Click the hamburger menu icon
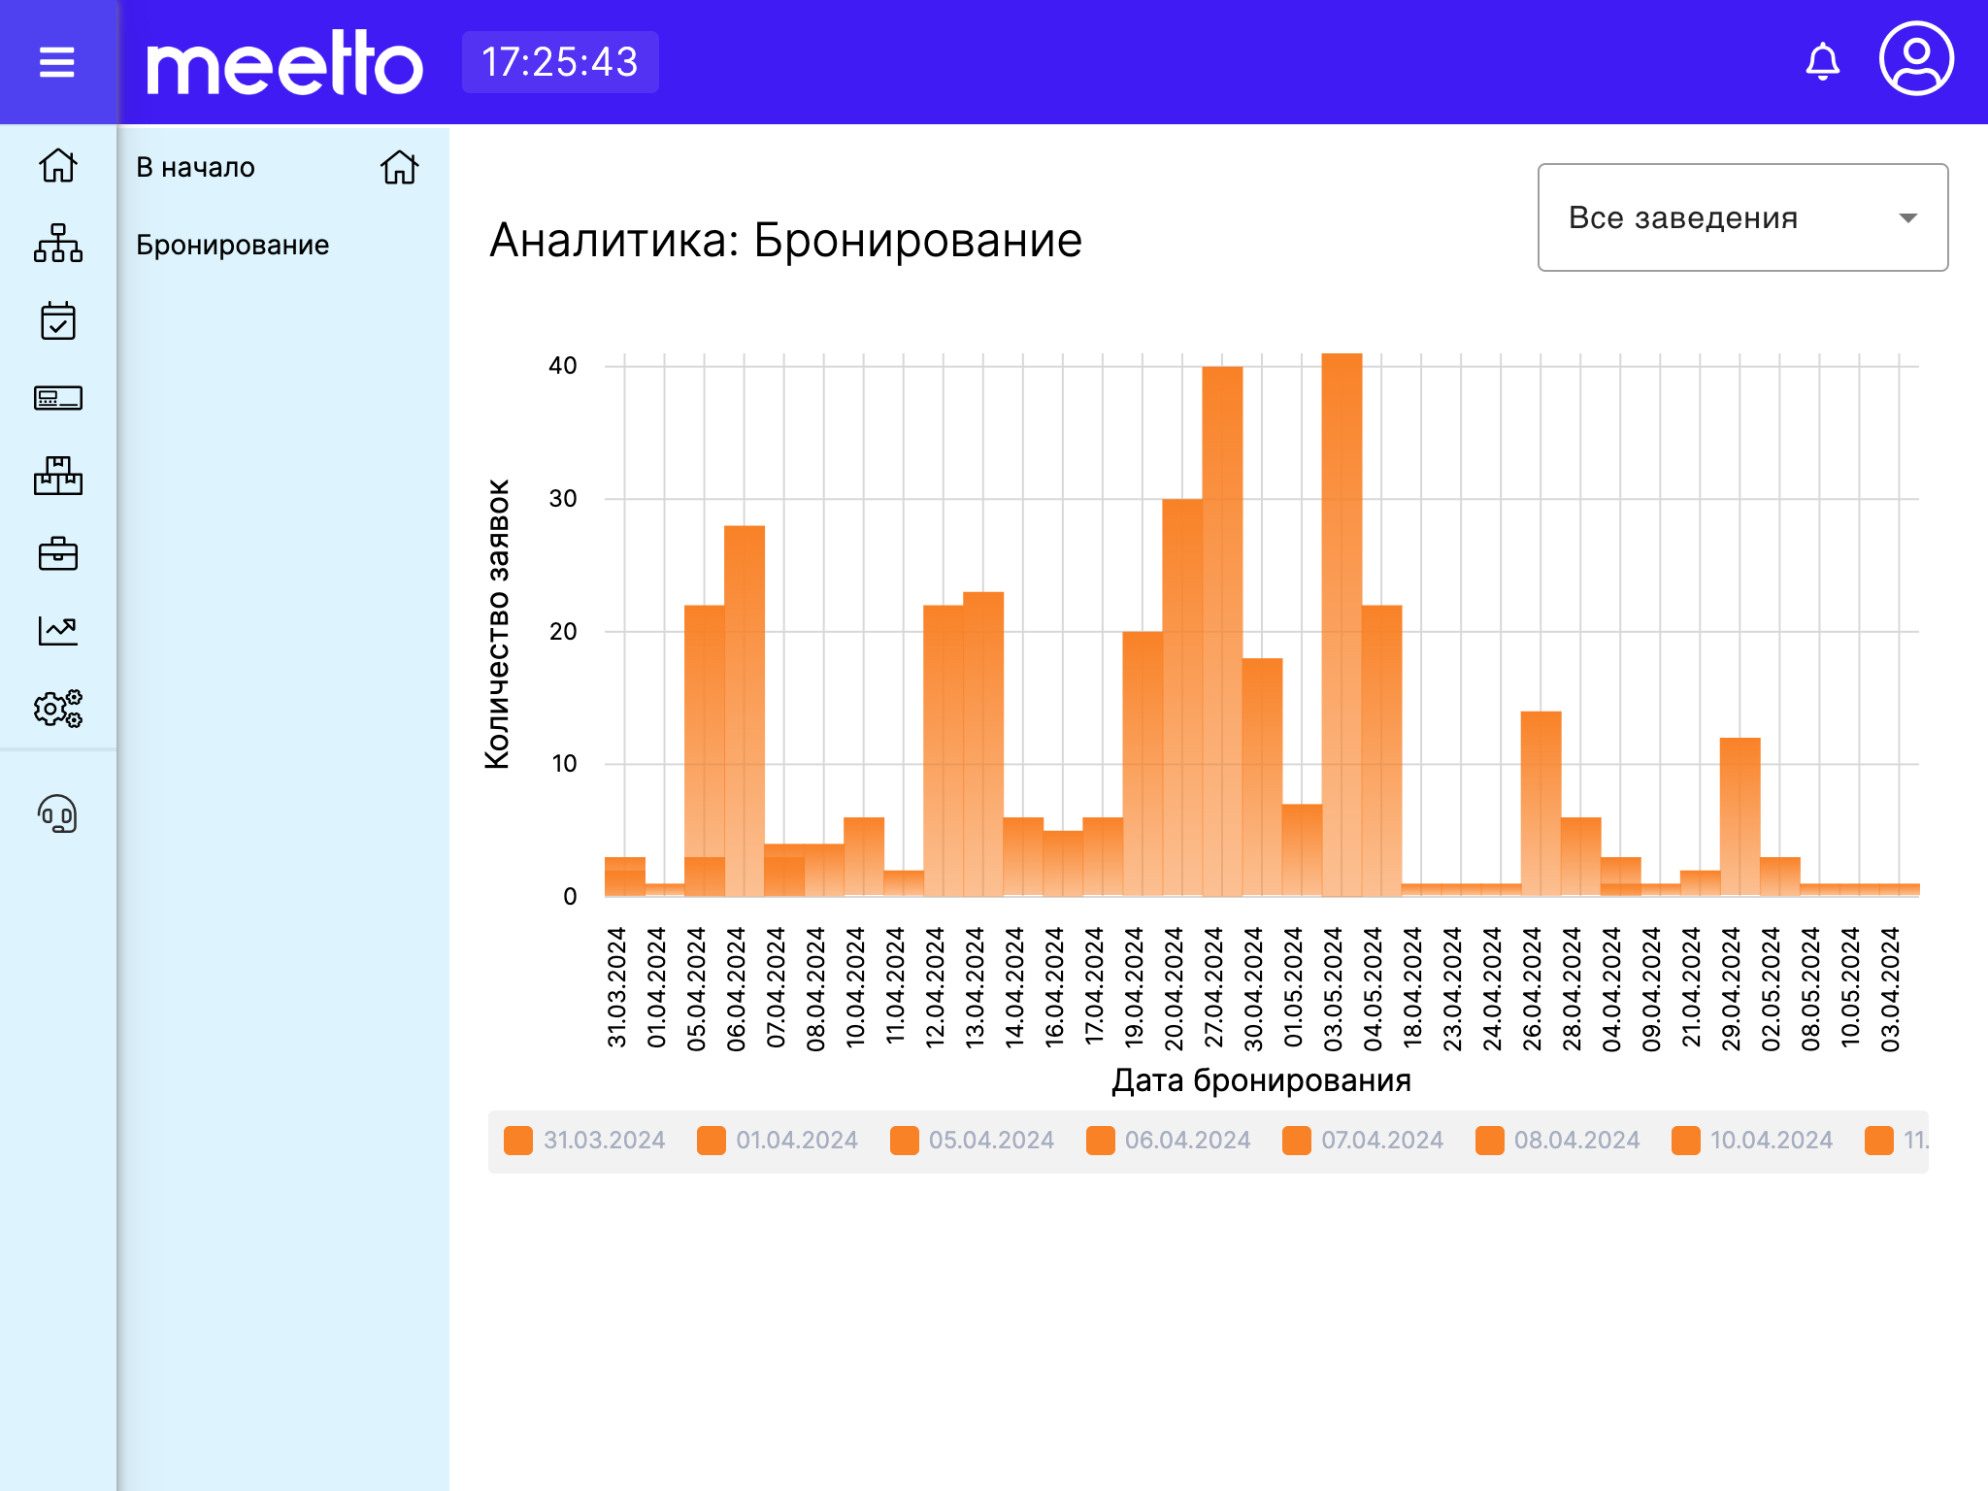coord(57,63)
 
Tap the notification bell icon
coord(1822,62)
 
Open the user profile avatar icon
coord(1916,60)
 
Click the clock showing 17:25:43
coord(560,63)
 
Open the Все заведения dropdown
coord(1742,217)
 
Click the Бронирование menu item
coord(233,245)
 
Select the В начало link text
coord(196,167)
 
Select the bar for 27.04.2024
coord(1222,631)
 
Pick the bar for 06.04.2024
coord(745,709)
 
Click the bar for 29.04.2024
coord(1739,815)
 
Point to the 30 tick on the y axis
coord(563,499)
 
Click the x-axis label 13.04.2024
coord(975,988)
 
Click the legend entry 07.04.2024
coord(1363,1141)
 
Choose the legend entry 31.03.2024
coord(585,1141)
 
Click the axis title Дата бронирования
coord(1261,1080)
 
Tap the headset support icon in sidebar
coord(57,814)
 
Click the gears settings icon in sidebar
coord(57,709)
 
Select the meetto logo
coord(284,63)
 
